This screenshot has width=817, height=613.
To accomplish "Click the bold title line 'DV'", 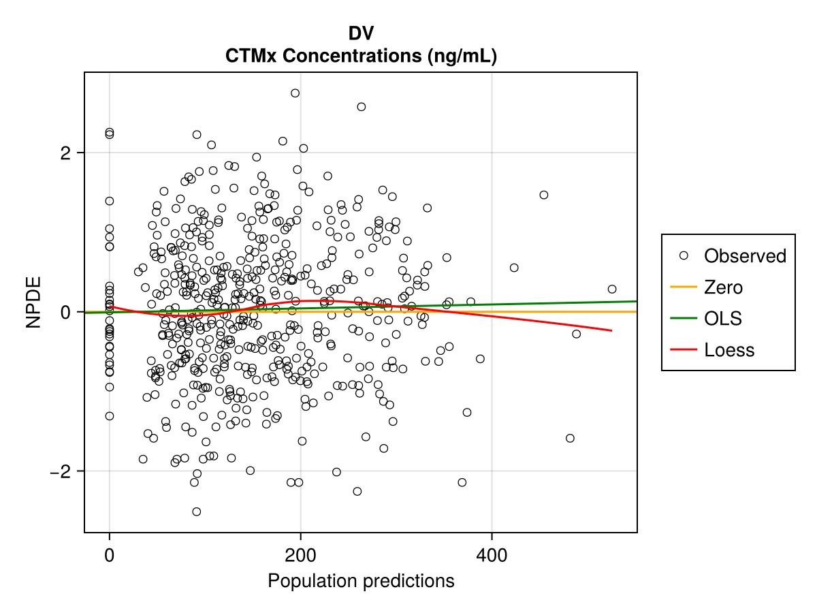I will (361, 33).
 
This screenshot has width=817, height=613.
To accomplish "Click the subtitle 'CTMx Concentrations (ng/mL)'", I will (361, 57).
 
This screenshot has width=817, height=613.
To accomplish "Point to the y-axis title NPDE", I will (34, 302).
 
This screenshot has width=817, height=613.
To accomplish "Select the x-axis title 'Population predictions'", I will (361, 581).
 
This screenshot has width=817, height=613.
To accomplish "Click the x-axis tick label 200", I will (300, 555).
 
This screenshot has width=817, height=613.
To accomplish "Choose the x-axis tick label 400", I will (492, 555).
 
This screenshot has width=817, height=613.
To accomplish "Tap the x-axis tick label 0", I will (110, 555).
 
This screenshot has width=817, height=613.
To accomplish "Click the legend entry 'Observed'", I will (745, 256).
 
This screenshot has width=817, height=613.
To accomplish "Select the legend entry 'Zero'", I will (723, 287).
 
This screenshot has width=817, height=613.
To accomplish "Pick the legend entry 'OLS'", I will (723, 319).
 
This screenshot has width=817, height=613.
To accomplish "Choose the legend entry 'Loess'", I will (729, 350).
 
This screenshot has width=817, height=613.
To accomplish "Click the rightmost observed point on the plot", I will (612, 289).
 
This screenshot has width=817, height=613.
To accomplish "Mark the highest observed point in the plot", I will (295, 93).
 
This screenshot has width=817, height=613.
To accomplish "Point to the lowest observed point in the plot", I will (196, 512).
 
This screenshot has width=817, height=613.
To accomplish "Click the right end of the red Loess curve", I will (611, 330).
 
